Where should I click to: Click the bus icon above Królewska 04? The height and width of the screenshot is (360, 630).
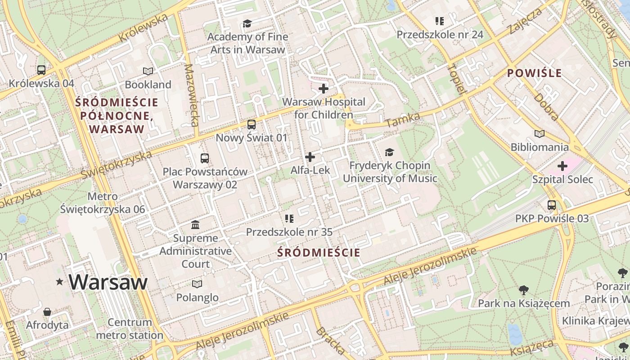41,70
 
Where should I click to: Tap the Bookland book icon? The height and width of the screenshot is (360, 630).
148,71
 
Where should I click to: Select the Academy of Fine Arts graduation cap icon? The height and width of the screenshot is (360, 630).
247,23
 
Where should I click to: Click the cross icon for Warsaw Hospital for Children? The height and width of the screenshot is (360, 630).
324,89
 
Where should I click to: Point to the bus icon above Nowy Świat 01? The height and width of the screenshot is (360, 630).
252,125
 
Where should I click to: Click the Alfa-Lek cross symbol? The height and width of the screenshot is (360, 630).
310,157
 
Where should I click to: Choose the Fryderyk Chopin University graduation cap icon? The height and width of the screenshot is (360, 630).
390,153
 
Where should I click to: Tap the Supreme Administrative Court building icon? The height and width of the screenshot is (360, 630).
196,225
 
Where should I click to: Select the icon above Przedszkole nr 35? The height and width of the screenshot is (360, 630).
289,219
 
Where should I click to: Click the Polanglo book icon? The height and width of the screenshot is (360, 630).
197,284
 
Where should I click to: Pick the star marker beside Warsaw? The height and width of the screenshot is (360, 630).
59,282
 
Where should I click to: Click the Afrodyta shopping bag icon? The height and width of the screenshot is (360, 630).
47,312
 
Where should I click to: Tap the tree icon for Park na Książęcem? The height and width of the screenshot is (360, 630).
524,290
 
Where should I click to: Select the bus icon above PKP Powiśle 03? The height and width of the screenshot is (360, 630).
552,205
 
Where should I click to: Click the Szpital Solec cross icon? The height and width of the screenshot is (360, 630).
562,166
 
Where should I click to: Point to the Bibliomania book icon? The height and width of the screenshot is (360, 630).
539,134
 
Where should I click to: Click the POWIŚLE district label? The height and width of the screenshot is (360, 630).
535,73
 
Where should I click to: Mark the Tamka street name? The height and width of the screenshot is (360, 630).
403,120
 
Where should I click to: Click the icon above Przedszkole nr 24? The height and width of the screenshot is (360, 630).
440,21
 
